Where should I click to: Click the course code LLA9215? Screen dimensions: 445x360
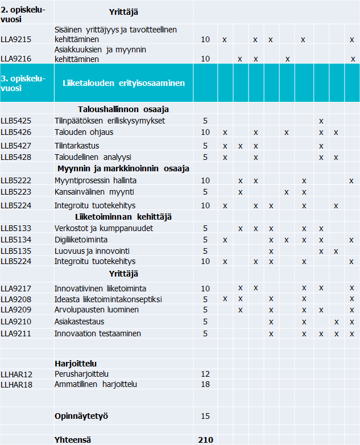[x=16, y=40]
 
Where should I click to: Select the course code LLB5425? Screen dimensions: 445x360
[x=16, y=121]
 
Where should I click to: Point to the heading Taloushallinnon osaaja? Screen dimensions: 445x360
[x=123, y=109]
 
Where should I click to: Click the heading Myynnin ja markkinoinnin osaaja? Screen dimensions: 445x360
[x=123, y=168]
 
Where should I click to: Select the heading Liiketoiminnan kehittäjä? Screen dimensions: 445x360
[x=123, y=217]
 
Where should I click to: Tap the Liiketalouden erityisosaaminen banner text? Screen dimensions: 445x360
[x=123, y=83]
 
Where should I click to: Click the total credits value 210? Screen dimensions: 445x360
[x=205, y=439]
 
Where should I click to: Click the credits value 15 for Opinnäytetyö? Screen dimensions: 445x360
[x=205, y=416]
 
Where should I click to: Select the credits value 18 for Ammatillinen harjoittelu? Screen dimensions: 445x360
[x=205, y=384]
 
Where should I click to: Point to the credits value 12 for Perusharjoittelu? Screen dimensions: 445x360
[x=205, y=374]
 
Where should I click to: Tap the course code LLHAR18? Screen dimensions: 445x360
[x=17, y=384]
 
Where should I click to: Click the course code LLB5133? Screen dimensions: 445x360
[x=16, y=228]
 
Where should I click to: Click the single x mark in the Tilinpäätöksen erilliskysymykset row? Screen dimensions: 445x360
[x=321, y=121]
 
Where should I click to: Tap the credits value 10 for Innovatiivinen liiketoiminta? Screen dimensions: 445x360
[x=205, y=288]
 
